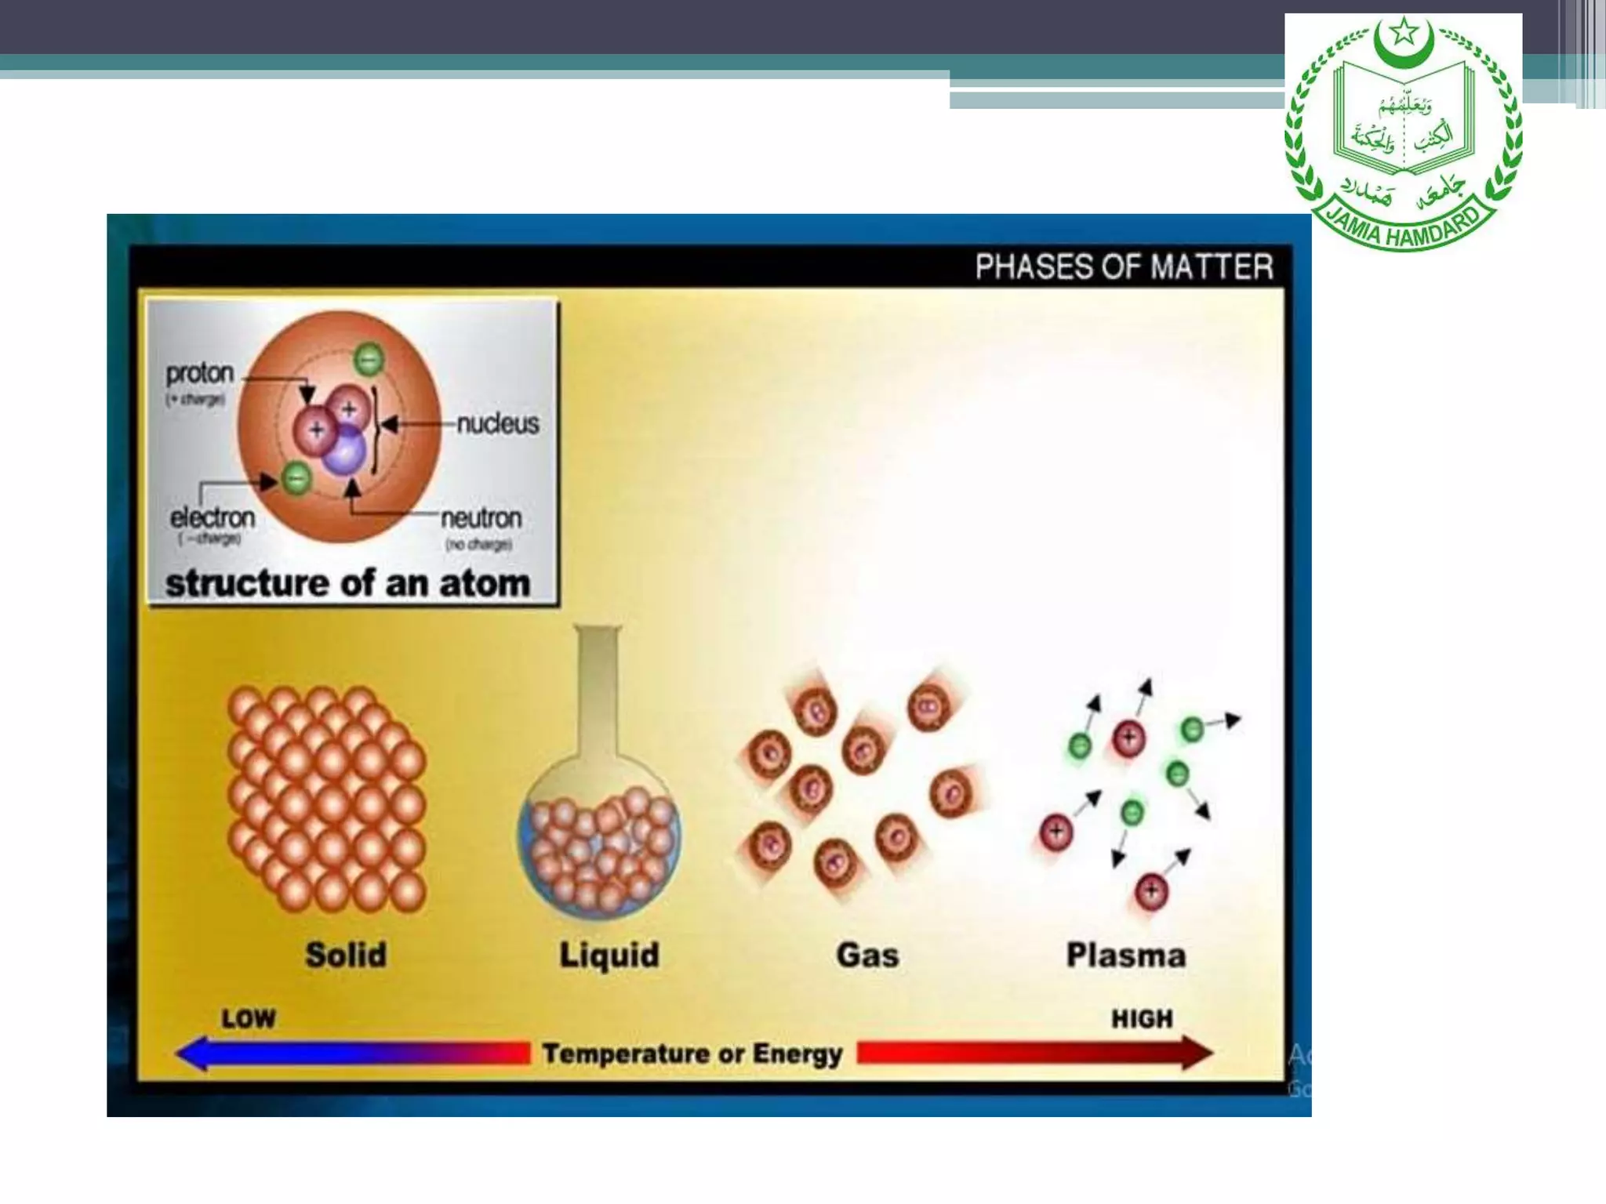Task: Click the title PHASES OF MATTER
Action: (x=1123, y=267)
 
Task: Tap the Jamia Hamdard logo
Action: (x=1403, y=133)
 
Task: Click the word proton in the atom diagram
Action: (x=199, y=373)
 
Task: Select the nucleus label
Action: (x=497, y=424)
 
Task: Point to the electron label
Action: (x=213, y=517)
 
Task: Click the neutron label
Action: (x=481, y=518)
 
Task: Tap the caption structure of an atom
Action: (x=347, y=583)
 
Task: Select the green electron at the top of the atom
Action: (x=368, y=359)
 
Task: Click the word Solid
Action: (x=346, y=955)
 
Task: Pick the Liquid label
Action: (x=609, y=956)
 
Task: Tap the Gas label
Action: (x=867, y=955)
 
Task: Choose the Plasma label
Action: (x=1125, y=955)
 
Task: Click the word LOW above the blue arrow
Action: (x=249, y=1018)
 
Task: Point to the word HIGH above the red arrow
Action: (x=1142, y=1018)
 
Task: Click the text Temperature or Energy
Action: (x=692, y=1053)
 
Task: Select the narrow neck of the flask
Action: (x=598, y=690)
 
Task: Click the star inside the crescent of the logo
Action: (x=1404, y=33)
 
